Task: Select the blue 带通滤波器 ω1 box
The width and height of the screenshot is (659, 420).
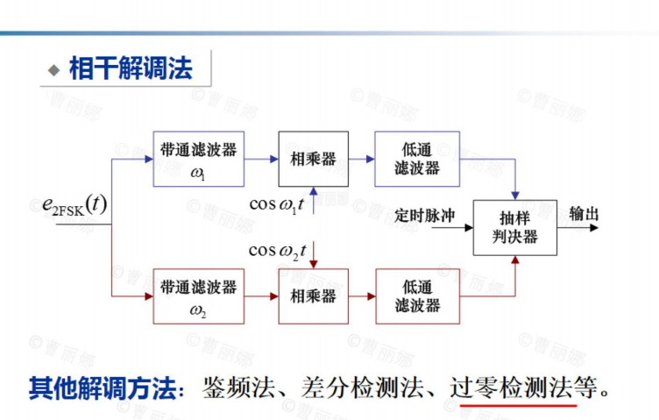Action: (198, 159)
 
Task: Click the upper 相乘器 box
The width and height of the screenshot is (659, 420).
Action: (313, 159)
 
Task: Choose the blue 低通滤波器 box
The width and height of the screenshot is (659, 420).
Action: (416, 159)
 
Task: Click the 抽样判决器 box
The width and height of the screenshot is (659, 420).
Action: (514, 227)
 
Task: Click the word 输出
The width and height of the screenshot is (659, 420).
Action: (585, 214)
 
